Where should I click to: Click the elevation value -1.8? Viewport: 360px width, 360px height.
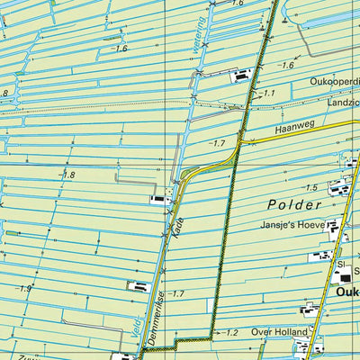67,175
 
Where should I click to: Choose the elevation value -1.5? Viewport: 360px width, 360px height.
310,187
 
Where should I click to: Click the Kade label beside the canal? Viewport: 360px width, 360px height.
178,222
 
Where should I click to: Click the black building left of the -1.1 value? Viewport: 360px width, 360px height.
241,76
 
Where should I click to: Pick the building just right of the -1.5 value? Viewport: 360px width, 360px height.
338,188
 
